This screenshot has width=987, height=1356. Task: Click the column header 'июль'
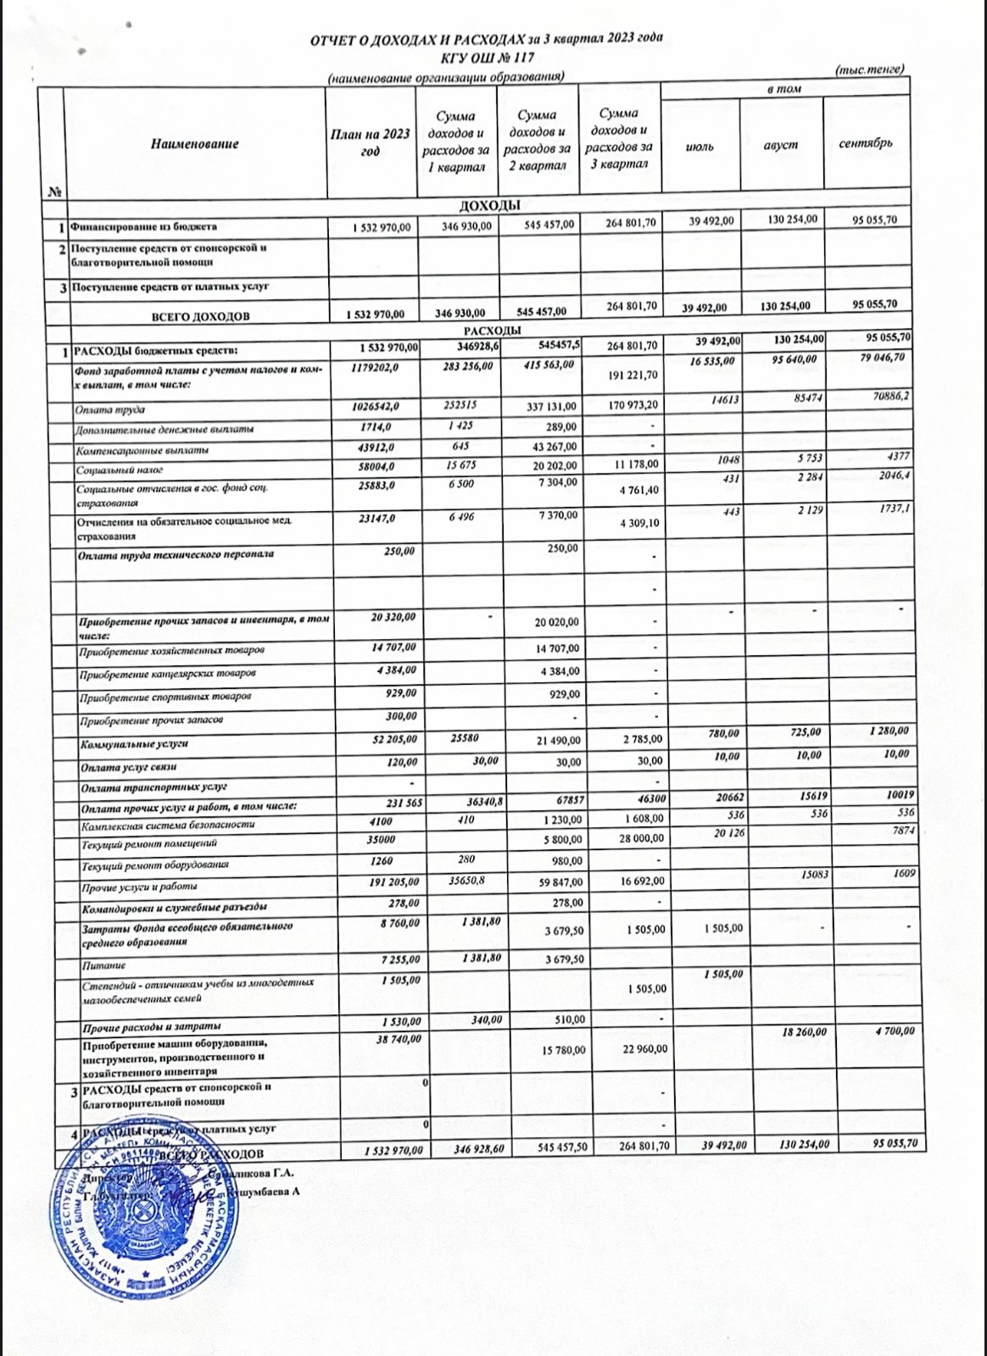[x=700, y=146]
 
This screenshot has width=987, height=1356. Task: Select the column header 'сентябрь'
[x=866, y=143]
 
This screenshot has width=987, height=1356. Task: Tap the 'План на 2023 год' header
[x=371, y=142]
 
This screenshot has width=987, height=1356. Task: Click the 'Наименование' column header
[x=195, y=144]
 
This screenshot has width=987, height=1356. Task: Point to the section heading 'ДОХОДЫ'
[x=489, y=206]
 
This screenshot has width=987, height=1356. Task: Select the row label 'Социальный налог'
[x=120, y=470]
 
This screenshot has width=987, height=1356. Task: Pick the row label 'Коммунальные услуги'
[x=134, y=744]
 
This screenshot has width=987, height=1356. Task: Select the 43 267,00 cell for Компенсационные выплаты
[x=552, y=447]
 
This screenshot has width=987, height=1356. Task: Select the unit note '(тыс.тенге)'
[x=869, y=69]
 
